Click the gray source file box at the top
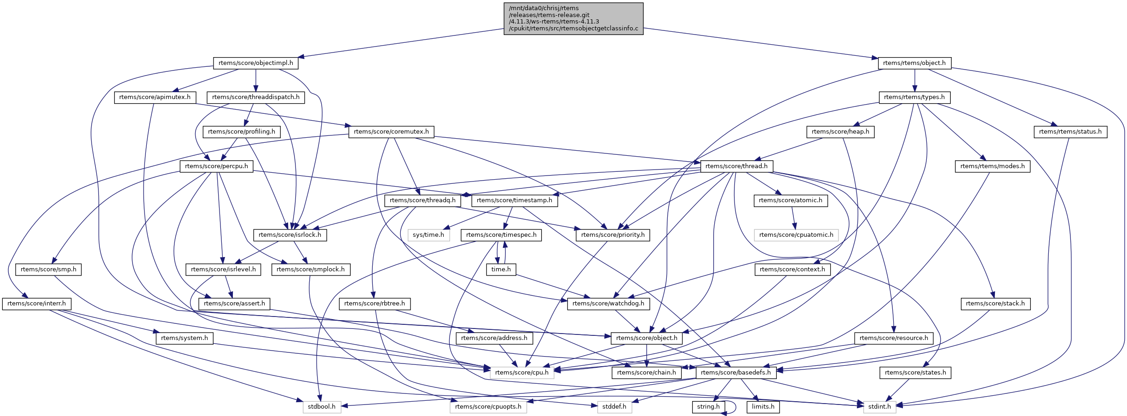pyautogui.click(x=573, y=18)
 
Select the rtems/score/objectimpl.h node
pyautogui.click(x=256, y=63)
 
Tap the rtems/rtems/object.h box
pyautogui.click(x=914, y=63)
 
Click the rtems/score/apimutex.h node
pyautogui.click(x=155, y=97)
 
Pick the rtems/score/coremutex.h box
pyautogui.click(x=391, y=132)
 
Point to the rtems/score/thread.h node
pyautogui.click(x=736, y=166)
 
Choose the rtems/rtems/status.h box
pyautogui.click(x=1070, y=132)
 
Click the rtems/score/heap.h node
pyautogui.click(x=840, y=132)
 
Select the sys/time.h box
pyautogui.click(x=428, y=235)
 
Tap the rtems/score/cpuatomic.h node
pyautogui.click(x=796, y=235)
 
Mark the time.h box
pyautogui.click(x=501, y=269)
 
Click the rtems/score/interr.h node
pyautogui.click(x=36, y=304)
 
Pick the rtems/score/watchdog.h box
pyautogui.click(x=608, y=304)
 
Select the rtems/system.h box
pyautogui.click(x=184, y=338)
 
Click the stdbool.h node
pyautogui.click(x=322, y=407)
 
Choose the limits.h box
pyautogui.click(x=763, y=407)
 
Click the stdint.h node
pyautogui.click(x=879, y=407)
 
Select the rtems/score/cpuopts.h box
pyautogui.click(x=488, y=407)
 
